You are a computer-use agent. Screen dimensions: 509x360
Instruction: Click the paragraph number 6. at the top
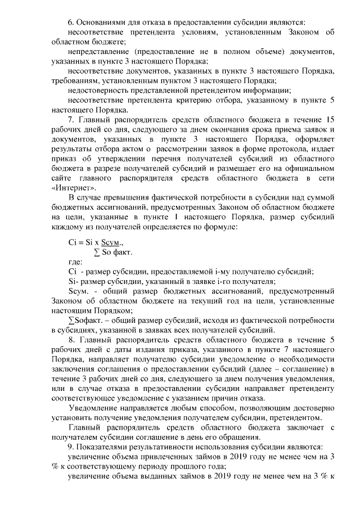(x=71, y=22)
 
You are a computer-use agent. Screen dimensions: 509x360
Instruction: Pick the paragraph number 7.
(x=71, y=120)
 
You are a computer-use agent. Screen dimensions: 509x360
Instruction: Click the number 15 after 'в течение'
(x=331, y=120)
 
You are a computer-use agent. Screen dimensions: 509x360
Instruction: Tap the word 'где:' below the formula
(x=74, y=262)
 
